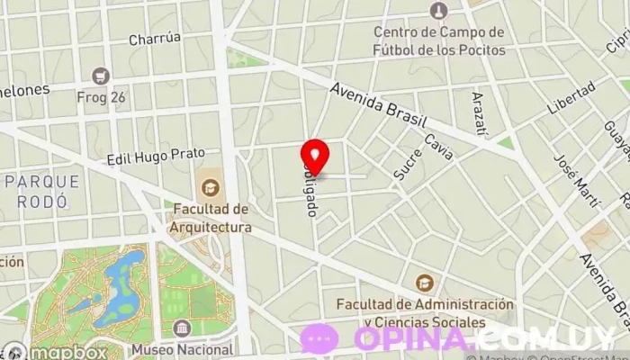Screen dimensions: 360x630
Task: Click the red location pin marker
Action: tap(314, 155)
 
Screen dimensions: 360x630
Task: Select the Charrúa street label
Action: tap(155, 39)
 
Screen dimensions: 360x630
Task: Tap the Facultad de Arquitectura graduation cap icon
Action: tap(210, 187)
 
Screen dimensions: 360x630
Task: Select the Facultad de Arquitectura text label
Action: tap(211, 219)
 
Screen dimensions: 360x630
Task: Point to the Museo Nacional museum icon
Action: tap(182, 328)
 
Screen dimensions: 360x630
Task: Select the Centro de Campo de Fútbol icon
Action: tap(438, 11)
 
